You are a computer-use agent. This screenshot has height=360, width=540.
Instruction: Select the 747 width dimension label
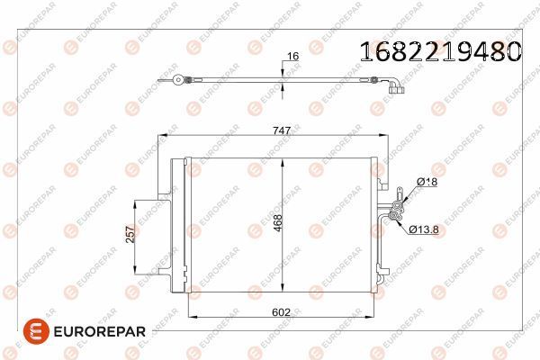click(282, 130)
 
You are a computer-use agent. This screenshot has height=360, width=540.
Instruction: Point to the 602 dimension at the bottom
click(283, 312)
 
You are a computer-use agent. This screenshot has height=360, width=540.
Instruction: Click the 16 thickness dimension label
click(291, 57)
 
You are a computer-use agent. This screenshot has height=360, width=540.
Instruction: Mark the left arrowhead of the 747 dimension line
click(162, 137)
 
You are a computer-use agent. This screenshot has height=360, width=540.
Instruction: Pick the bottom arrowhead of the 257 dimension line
click(136, 272)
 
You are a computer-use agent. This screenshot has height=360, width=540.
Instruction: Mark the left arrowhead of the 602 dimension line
click(189, 318)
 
